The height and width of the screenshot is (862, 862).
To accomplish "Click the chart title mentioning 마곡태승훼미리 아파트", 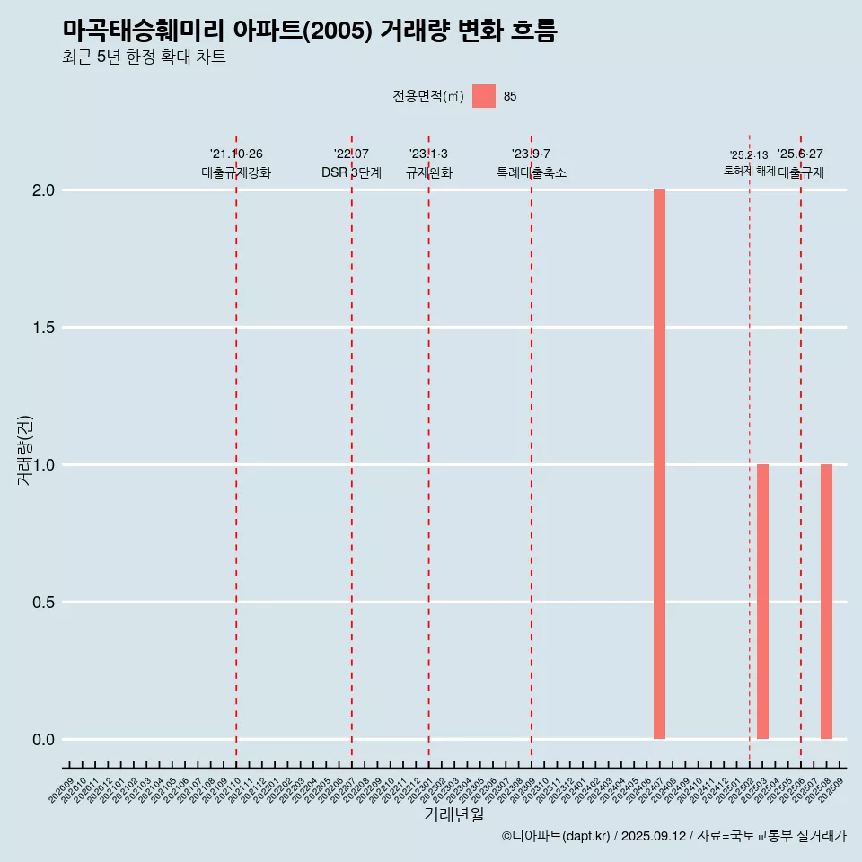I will click(310, 31).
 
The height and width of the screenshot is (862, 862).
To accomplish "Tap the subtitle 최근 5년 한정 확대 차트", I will click(144, 57).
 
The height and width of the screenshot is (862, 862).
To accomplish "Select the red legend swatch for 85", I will click(484, 96).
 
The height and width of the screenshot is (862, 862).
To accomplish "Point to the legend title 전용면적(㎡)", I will click(428, 96).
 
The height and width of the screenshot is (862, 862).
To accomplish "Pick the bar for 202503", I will click(762, 601).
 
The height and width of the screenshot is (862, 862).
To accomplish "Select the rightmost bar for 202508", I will click(826, 601).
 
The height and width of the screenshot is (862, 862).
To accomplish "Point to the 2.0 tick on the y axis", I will click(45, 190).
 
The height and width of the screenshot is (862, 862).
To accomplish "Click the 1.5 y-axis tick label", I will click(45, 328).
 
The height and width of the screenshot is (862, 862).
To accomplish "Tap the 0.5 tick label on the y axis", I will click(45, 603).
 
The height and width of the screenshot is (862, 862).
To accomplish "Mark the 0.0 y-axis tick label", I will click(45, 740).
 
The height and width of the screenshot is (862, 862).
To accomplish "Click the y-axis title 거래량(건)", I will click(24, 450).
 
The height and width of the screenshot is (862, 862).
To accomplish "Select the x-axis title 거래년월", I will click(453, 815).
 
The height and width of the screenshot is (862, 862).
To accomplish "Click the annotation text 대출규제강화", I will click(235, 172).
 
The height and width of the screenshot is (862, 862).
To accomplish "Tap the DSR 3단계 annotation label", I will click(351, 172).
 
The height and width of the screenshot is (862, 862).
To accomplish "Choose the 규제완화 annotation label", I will click(428, 172).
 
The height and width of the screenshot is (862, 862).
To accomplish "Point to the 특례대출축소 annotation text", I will click(532, 172).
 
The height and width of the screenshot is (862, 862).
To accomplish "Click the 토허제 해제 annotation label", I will click(749, 171).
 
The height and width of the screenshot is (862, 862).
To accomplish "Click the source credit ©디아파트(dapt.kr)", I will click(556, 836).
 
